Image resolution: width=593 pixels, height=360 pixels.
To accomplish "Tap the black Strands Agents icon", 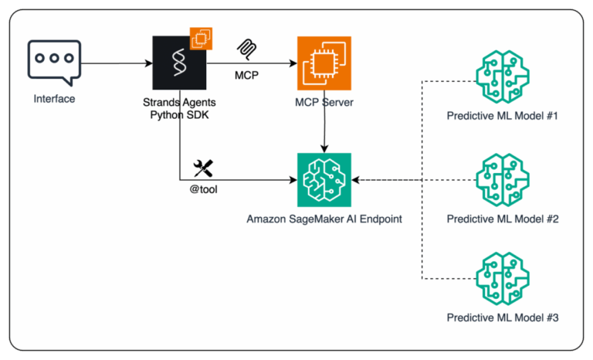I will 179,63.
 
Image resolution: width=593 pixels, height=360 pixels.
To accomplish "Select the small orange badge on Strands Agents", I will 201,38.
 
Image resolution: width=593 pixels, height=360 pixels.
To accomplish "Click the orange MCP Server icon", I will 324,63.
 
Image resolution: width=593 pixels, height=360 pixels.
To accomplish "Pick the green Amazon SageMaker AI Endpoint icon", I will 324,179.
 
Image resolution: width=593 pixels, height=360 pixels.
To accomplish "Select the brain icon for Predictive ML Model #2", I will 502,179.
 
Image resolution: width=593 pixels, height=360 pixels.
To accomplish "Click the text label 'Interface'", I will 53,99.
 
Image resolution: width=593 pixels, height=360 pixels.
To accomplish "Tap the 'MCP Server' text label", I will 324,100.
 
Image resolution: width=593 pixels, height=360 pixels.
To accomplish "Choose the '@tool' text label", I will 203,188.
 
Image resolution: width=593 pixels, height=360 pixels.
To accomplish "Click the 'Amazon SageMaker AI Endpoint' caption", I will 324,219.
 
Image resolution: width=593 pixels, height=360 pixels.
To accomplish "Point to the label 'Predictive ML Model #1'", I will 502,117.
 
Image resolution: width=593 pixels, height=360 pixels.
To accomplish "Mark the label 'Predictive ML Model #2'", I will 502,219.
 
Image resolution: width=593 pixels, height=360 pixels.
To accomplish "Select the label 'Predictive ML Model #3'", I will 502,318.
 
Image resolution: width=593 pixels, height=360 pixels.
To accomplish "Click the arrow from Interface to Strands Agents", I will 116,63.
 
